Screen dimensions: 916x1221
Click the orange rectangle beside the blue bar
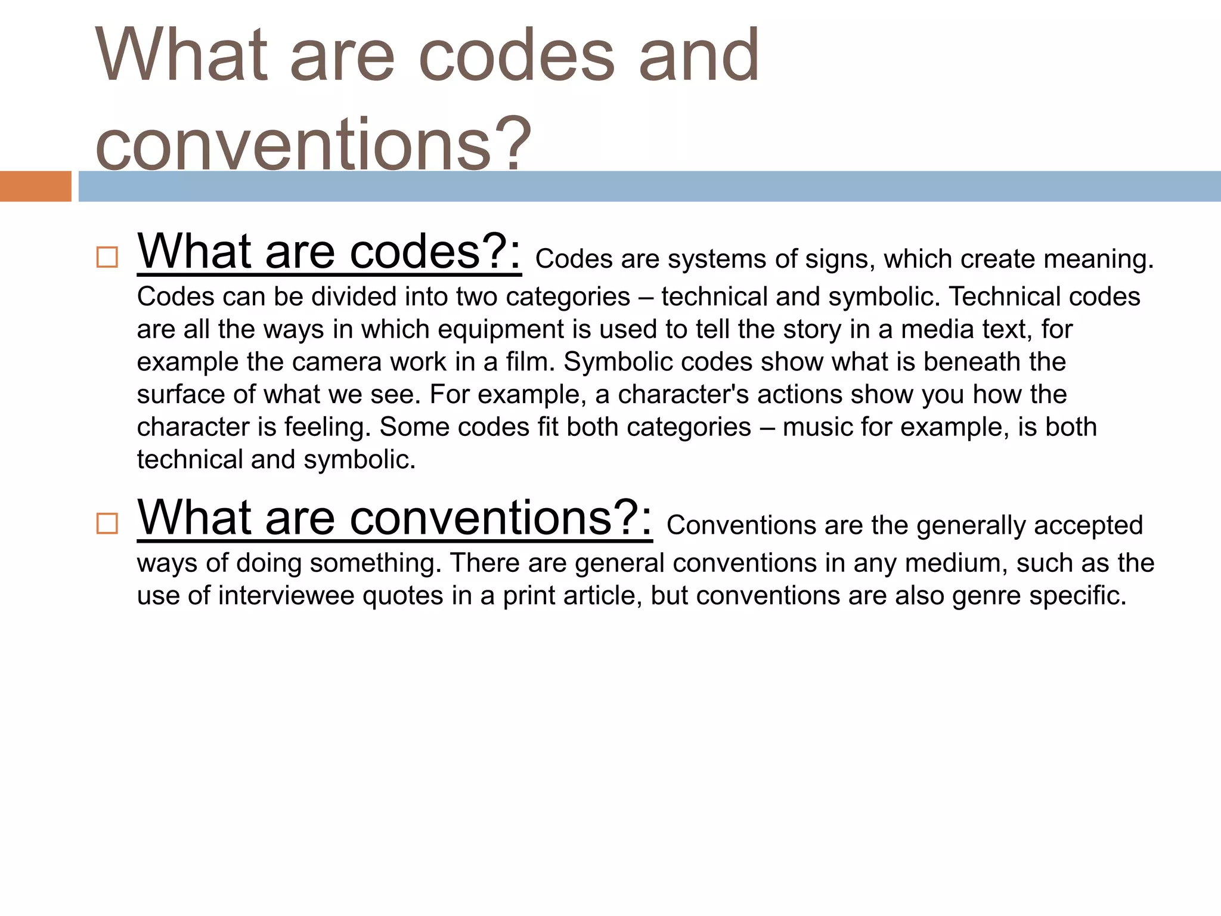point(35,186)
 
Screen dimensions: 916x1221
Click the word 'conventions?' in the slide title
point(312,144)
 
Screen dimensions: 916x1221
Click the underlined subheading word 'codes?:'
point(435,252)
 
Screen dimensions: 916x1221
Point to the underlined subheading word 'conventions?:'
point(500,518)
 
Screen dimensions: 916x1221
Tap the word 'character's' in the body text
point(683,395)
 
